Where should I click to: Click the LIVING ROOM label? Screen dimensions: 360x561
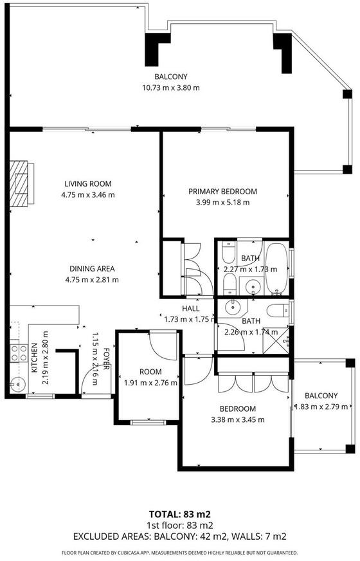[x=88, y=184]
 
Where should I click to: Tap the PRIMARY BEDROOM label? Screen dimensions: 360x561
[x=222, y=192]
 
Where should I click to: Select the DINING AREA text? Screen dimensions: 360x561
[x=92, y=269]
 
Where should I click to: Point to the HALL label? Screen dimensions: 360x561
[x=191, y=308]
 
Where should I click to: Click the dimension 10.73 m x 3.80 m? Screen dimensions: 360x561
[x=171, y=87]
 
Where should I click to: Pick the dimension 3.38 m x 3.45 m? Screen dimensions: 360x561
[x=238, y=419]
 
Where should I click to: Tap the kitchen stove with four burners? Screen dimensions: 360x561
[x=19, y=353]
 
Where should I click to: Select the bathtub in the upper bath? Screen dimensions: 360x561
[x=276, y=269]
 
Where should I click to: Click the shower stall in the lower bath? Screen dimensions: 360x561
[x=276, y=341]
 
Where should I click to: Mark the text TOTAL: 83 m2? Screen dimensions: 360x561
[x=180, y=515]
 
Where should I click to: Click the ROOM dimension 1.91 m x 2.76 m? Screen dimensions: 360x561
[x=150, y=383]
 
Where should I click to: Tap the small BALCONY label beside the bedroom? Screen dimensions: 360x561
[x=321, y=396]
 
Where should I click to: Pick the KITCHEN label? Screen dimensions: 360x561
[x=34, y=358]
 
